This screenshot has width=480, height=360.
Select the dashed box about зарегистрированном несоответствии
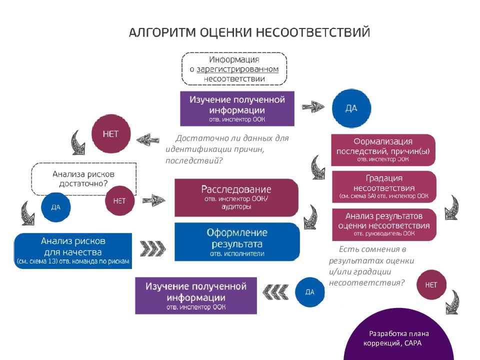pos(234,69)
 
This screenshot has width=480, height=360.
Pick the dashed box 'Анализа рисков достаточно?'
pos(83,178)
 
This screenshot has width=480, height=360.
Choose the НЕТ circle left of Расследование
pos(119,201)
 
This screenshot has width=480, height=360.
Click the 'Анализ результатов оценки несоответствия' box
pos(384,223)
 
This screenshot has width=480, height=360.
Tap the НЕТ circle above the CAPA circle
pos(430,284)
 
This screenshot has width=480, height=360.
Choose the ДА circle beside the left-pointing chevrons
pos(309,291)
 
